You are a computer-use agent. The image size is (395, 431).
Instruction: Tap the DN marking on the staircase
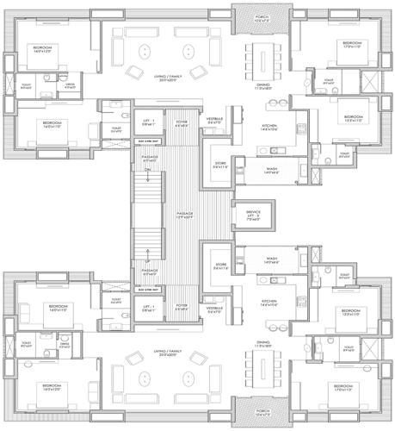[x=147, y=170]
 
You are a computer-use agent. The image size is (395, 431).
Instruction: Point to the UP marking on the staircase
[x=147, y=259]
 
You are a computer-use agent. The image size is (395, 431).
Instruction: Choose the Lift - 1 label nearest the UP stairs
[x=148, y=307]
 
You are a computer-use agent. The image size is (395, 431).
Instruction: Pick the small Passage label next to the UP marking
[x=148, y=272]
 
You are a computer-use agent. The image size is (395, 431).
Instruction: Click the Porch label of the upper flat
[x=258, y=10]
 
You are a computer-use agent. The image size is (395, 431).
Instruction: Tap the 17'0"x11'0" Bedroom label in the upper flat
[x=350, y=45]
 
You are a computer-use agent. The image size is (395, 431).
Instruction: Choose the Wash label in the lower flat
[x=270, y=259]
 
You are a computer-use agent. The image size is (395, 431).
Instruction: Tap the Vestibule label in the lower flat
[x=214, y=308]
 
